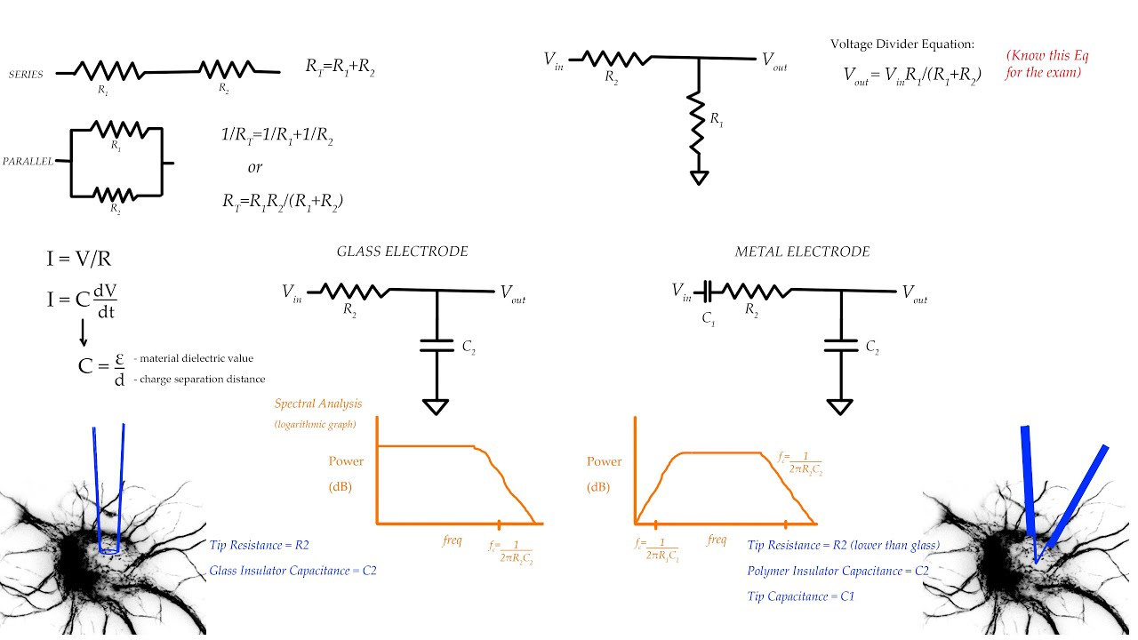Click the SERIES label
(26, 75)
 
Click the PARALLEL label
(28, 162)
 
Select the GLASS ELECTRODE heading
(402, 252)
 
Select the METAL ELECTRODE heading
(802, 252)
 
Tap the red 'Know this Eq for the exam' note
(1046, 64)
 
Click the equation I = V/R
(79, 260)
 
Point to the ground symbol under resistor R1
(700, 177)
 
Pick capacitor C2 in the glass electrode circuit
(437, 344)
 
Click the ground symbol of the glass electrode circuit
(436, 406)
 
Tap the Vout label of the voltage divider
(773, 60)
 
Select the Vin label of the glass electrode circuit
(292, 292)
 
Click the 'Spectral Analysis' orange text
(318, 404)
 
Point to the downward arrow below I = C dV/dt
(83, 331)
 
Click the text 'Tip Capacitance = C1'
(801, 596)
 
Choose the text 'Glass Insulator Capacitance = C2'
(299, 571)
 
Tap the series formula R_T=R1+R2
(340, 68)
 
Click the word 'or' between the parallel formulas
(255, 167)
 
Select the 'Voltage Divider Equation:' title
(902, 44)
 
